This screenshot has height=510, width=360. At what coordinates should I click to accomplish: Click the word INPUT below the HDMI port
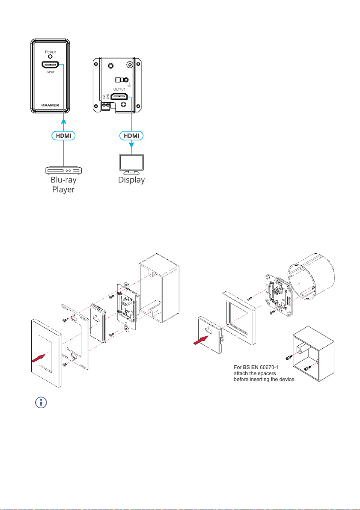point(50,74)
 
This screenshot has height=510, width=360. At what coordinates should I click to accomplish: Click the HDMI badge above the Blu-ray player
point(64,135)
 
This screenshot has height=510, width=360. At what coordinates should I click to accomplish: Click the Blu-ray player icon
point(64,170)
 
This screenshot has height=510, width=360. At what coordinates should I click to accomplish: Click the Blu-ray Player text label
point(64,185)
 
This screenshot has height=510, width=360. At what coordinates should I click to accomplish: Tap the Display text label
point(131,180)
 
